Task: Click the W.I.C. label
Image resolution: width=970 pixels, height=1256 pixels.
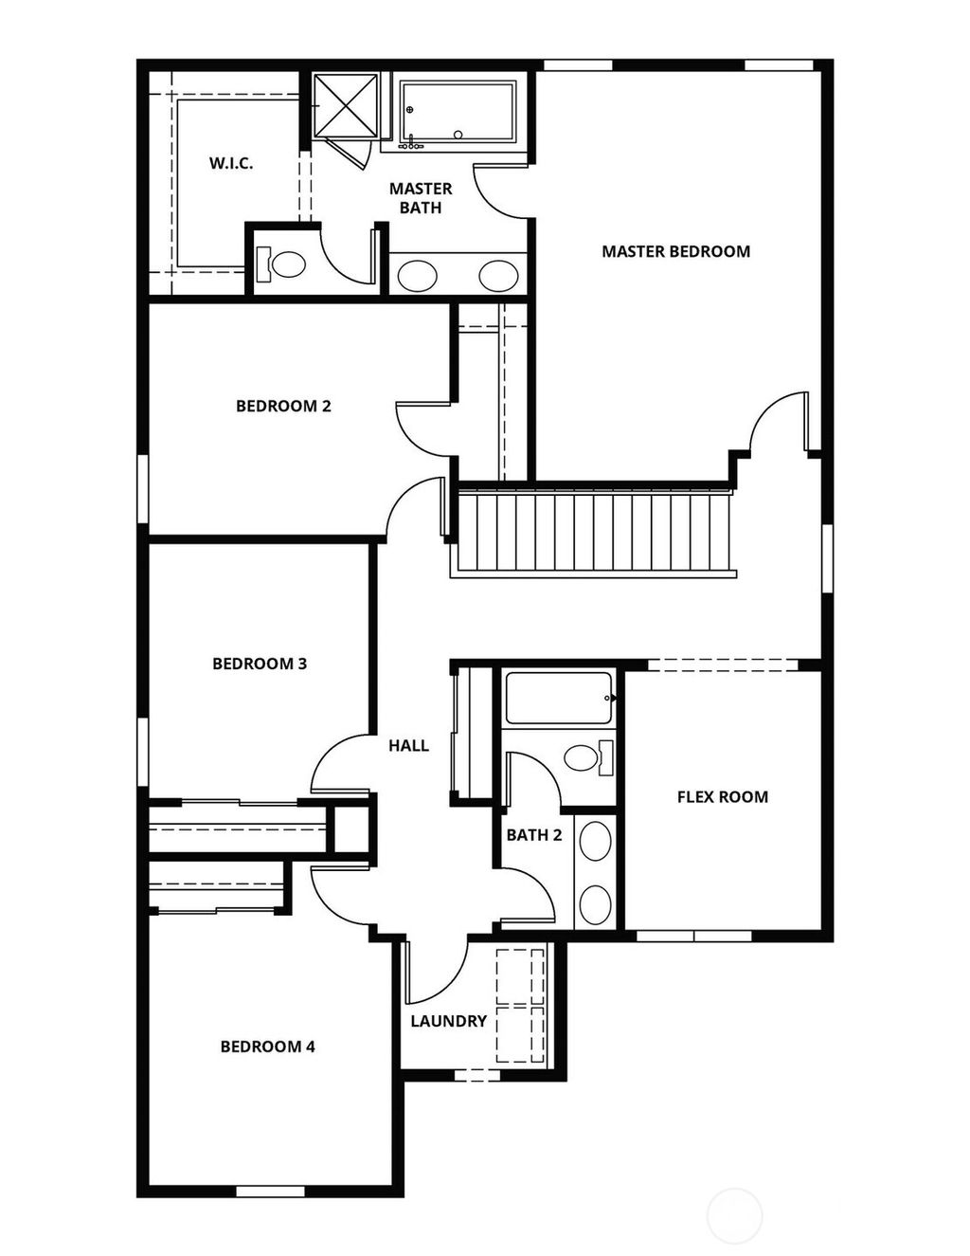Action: tap(231, 164)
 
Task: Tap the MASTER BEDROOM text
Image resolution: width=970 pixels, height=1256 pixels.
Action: tap(675, 252)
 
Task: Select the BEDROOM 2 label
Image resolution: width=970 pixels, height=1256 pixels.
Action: tap(283, 407)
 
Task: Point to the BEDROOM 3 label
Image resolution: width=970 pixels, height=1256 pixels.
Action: tap(260, 664)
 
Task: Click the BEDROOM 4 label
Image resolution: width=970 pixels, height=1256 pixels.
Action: tap(267, 1047)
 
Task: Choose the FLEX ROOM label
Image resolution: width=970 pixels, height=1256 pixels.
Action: tap(722, 797)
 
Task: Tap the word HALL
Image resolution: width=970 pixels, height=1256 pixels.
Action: tap(408, 746)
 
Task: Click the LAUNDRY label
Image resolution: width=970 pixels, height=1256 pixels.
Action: tap(448, 1022)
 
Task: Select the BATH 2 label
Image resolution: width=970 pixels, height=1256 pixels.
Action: tap(533, 835)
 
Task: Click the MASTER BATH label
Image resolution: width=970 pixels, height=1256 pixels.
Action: tap(421, 198)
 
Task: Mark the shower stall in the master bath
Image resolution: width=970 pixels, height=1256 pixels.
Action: tap(346, 104)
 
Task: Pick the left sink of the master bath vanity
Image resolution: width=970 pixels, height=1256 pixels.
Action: tap(417, 276)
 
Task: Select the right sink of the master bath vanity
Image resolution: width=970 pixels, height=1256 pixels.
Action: tap(498, 276)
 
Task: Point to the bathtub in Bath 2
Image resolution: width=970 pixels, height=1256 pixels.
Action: tap(558, 699)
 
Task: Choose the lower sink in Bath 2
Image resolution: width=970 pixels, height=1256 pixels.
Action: tap(595, 904)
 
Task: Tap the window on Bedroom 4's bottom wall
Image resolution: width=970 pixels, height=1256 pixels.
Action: tap(269, 1191)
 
